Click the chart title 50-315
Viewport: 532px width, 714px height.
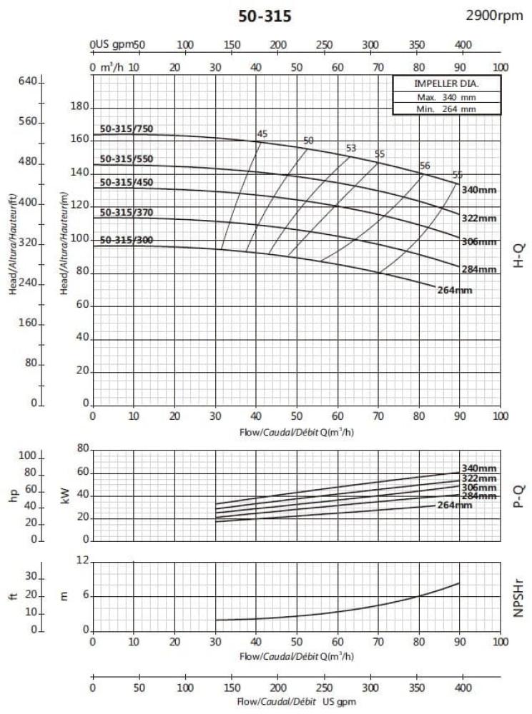265,16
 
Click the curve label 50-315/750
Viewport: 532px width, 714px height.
127,128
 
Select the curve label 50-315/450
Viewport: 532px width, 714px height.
127,182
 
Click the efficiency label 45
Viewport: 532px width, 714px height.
262,134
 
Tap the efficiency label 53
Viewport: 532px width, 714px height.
351,149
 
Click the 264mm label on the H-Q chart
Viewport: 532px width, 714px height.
454,290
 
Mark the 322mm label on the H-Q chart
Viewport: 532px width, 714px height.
478,218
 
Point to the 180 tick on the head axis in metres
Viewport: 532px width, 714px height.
79,106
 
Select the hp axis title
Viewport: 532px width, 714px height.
13,494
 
